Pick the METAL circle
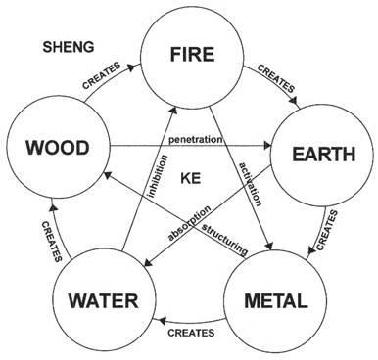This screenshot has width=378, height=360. pyautogui.click(x=274, y=298)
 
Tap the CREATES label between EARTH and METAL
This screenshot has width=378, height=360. pyautogui.click(x=334, y=226)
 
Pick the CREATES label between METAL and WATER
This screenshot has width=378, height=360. pyautogui.click(x=192, y=335)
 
